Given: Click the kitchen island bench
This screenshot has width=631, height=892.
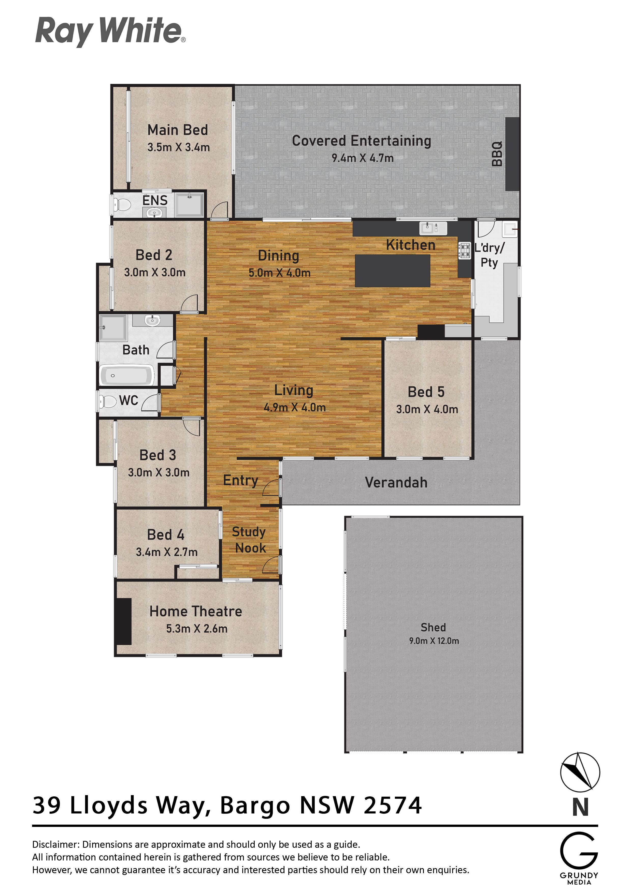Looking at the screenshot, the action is point(393,271).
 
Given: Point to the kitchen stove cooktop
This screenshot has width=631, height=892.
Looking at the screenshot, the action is point(465,250).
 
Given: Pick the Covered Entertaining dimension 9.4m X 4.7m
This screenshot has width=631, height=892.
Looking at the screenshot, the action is point(362,158).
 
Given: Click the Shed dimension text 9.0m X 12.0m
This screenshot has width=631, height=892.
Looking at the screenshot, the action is point(434,641).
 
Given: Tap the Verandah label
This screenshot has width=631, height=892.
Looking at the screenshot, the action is point(396,483).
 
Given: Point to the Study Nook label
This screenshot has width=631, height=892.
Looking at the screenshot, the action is point(249,540).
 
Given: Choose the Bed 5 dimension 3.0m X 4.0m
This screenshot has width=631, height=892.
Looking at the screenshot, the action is point(427,409).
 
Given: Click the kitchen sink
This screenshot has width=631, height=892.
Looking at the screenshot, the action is point(433,228).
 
